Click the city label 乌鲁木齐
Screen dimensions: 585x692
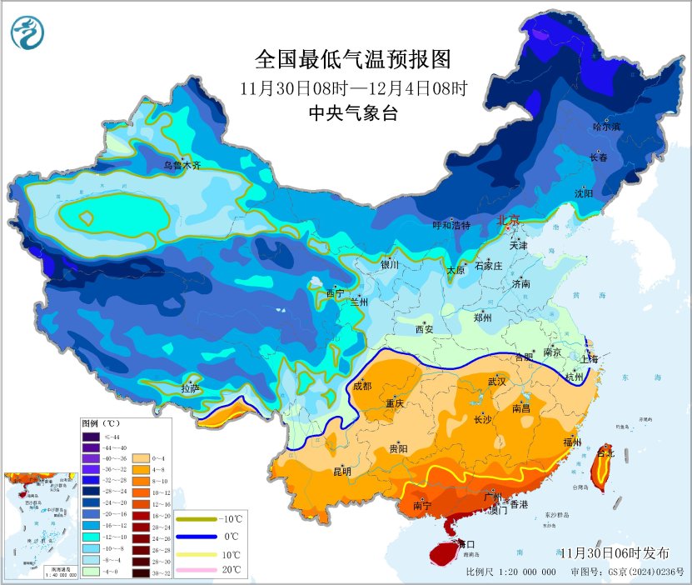click(182, 165)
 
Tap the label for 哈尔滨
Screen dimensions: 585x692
click(606, 127)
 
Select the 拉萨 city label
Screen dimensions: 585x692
click(191, 387)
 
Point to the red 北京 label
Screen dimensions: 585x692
click(508, 220)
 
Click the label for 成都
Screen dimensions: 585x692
click(362, 385)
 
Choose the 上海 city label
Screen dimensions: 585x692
click(590, 358)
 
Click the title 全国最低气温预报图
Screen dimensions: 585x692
click(352, 60)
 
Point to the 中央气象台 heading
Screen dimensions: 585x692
click(352, 113)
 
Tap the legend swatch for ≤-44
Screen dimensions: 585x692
click(91, 436)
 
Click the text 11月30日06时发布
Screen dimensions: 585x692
click(614, 552)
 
